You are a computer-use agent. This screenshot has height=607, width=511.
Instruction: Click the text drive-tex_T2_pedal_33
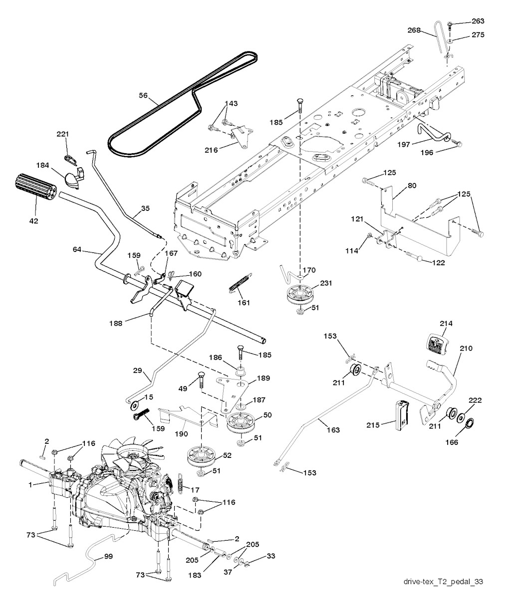[x=444, y=582]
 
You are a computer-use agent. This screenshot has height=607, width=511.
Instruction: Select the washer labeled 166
[x=470, y=424]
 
